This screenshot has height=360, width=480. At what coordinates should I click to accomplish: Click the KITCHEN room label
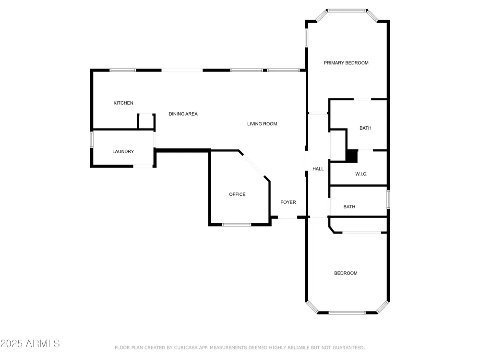123,103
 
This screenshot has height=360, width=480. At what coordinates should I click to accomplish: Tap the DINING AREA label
183,114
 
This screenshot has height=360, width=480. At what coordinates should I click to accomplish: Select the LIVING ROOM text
262,124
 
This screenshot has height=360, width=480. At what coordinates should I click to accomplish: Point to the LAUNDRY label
123,152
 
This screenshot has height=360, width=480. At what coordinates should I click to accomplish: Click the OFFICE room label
237,194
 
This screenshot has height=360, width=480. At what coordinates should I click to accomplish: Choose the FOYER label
288,203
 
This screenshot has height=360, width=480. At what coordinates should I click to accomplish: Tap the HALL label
318,169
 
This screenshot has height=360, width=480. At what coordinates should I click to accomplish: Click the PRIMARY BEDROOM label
346,63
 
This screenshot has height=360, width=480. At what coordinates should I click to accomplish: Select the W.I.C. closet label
361,174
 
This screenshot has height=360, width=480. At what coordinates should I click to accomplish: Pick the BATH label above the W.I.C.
365,128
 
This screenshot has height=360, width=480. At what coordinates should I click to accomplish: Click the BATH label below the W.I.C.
349,207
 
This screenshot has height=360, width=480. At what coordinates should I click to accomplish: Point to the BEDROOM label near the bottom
346,273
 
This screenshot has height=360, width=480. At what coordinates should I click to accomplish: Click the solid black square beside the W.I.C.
352,156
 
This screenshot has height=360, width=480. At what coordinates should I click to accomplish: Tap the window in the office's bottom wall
237,225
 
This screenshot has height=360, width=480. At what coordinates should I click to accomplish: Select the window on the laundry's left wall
92,140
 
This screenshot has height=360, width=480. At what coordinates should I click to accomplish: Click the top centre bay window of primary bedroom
347,11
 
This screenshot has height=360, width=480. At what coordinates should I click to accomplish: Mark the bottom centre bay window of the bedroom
347,312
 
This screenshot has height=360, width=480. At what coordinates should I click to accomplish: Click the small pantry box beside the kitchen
146,121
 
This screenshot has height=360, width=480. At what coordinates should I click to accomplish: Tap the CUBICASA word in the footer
186,348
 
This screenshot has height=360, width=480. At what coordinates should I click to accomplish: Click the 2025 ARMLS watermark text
30,344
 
